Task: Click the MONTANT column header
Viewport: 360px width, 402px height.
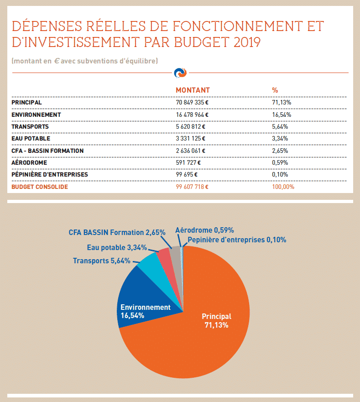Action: pos(193,90)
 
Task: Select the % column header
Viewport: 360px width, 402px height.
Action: pos(275,90)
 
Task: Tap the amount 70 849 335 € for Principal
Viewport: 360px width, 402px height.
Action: pos(192,102)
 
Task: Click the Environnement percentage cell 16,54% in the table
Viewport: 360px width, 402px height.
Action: pos(282,115)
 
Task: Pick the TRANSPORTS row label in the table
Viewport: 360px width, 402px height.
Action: pos(30,127)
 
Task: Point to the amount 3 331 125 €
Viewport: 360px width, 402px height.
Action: pos(191,138)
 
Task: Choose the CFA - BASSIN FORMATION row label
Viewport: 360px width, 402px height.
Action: pos(47,151)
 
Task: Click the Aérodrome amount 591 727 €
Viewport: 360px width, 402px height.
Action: pos(188,162)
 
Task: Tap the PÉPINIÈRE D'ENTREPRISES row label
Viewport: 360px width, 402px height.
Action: pos(50,174)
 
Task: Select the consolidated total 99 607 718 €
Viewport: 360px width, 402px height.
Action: pos(192,187)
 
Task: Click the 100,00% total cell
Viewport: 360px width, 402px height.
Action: pos(283,187)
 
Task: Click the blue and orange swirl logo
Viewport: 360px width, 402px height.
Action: pos(180,73)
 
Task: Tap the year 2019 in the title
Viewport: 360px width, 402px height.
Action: pos(247,42)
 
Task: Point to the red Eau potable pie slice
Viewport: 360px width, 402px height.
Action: pos(167,264)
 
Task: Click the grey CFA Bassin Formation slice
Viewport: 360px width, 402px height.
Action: pos(177,259)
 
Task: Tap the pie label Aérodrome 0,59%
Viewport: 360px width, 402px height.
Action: pos(204,230)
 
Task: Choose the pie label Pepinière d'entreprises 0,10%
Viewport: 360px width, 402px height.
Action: pos(237,240)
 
